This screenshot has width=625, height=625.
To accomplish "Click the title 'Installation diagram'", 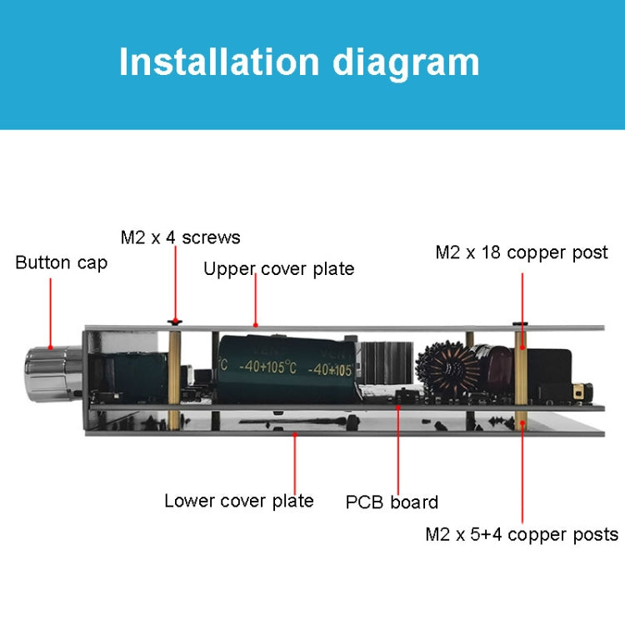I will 299,62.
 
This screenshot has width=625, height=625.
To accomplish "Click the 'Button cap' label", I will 61,262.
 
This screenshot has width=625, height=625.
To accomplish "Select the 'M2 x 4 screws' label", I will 180,237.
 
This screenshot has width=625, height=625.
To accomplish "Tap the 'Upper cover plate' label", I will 278,268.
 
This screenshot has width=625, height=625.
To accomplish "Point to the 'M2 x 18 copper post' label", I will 522,252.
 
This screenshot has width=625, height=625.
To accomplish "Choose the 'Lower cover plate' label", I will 238,501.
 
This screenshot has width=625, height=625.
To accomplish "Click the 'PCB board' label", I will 392,502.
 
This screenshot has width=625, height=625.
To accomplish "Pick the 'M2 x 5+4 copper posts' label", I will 522,534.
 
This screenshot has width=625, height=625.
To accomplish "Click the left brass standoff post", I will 174,375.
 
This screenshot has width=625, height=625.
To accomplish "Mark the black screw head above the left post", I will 174,321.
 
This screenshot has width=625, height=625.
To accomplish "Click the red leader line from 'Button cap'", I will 50,312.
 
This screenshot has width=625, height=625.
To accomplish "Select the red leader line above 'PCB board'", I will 397,450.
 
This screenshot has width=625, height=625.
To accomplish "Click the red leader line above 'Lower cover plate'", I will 295,462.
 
